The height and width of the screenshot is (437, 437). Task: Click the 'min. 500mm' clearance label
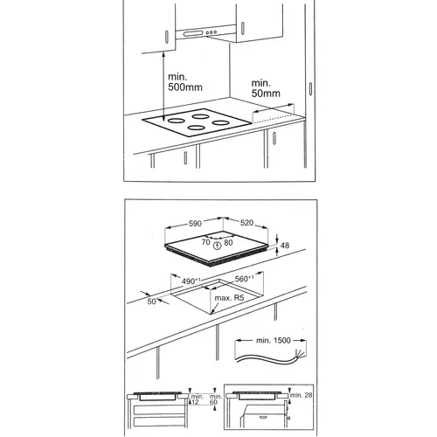point(185,82)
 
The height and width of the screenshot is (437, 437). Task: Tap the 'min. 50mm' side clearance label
point(266,88)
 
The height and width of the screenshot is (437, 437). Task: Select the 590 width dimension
point(195,223)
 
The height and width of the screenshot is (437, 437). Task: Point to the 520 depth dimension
point(246,223)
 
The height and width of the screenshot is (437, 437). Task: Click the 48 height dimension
point(285,246)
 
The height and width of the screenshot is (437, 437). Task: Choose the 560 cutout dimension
point(244,279)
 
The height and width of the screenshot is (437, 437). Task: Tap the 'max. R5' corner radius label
point(229,298)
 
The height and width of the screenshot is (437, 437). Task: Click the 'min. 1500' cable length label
point(274,340)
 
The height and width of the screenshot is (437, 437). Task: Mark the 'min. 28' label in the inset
point(301,395)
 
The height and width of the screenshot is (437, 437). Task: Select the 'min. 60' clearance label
point(216,399)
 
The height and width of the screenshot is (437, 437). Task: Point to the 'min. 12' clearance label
point(197,399)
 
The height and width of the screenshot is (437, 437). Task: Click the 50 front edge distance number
point(151,302)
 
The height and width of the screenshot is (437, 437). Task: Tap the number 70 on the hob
point(205,242)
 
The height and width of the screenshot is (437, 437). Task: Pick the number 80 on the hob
point(228,242)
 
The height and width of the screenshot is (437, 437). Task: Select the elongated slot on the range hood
point(193,33)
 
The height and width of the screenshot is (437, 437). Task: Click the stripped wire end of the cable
point(301,353)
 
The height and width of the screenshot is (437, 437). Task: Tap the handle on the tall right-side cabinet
point(310,88)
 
